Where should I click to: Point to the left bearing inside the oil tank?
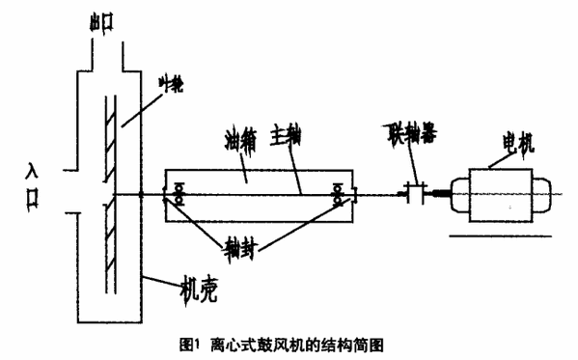point(179,197)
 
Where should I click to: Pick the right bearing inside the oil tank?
point(339,197)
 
